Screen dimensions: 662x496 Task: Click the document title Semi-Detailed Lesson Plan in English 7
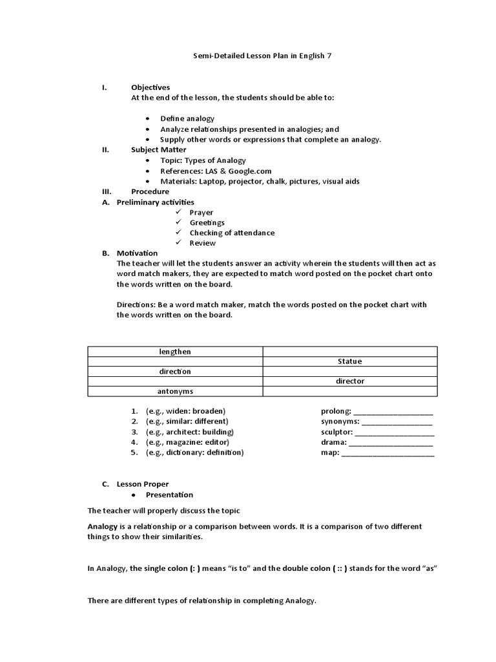tap(262, 56)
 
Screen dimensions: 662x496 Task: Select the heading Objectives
tap(150, 87)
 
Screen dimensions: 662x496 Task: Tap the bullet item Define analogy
tap(187, 118)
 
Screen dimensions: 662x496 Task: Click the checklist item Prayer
tap(201, 212)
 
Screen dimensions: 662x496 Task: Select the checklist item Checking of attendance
tap(231, 233)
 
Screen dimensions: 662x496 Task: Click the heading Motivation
tap(137, 253)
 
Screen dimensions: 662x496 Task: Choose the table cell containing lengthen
tap(175, 352)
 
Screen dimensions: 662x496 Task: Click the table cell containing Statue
tap(350, 361)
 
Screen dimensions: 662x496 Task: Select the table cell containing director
tap(350, 381)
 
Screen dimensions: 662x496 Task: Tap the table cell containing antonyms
tap(175, 391)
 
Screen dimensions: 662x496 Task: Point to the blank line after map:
tap(387, 453)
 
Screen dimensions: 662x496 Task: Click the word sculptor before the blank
tap(336, 432)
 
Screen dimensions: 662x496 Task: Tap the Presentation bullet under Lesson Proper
tap(169, 495)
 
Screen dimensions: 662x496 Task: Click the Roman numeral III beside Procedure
tap(107, 191)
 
